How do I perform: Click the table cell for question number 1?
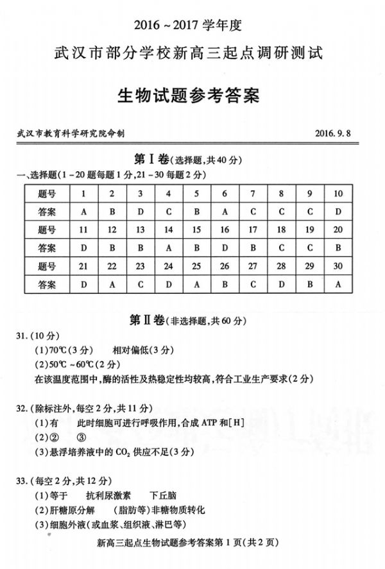[83, 194]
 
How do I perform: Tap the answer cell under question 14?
[168, 248]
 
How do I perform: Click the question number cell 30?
[338, 266]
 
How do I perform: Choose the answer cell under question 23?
[140, 284]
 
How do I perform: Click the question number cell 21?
[83, 266]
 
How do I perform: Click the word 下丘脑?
[164, 495]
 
